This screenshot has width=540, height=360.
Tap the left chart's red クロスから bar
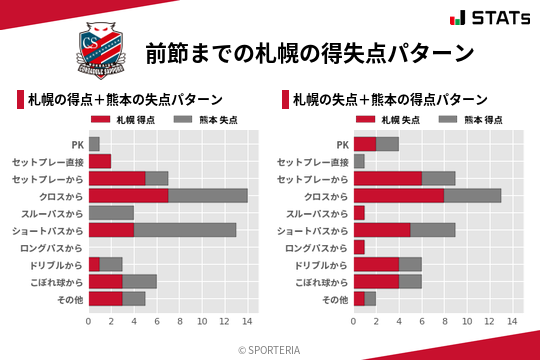pyautogui.click(x=128, y=195)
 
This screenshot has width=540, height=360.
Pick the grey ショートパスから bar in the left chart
pyautogui.click(x=185, y=229)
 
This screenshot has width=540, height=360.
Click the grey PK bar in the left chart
pyautogui.click(x=94, y=144)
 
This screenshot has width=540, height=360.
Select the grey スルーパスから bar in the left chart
pyautogui.click(x=111, y=212)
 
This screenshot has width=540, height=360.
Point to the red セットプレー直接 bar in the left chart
pyautogui.click(x=100, y=161)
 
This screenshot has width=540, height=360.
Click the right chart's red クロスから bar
pyautogui.click(x=399, y=195)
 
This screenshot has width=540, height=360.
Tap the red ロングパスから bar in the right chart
pyautogui.click(x=359, y=246)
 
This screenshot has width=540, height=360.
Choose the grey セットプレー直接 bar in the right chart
pyautogui.click(x=359, y=161)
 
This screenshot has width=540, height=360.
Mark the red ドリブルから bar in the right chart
pyautogui.click(x=376, y=263)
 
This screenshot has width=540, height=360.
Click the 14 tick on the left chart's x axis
pyautogui.click(x=247, y=321)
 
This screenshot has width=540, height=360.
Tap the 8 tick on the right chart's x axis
pyautogui.click(x=445, y=321)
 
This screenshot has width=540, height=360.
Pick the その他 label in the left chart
pyautogui.click(x=71, y=298)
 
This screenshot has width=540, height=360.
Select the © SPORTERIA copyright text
pyautogui.click(x=270, y=349)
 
